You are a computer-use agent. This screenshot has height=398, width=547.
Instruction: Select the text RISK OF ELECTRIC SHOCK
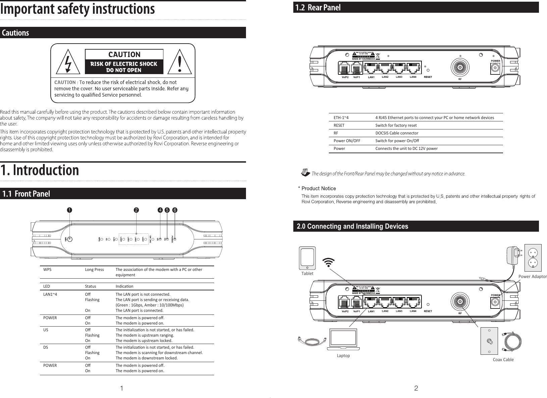pyautogui.click(x=124, y=64)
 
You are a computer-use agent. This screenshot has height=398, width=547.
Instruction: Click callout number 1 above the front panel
pyautogui.click(x=69, y=210)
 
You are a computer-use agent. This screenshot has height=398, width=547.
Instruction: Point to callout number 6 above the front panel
pyautogui.click(x=175, y=210)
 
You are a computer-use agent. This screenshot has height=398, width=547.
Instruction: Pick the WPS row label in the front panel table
pyautogui.click(x=47, y=270)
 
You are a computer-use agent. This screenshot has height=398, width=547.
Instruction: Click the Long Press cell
pyautogui.click(x=94, y=270)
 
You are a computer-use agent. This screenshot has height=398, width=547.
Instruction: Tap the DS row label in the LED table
pyautogui.click(x=46, y=347)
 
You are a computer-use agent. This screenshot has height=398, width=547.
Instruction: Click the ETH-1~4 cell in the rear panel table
pyautogui.click(x=341, y=118)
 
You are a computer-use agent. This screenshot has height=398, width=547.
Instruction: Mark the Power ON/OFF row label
pyautogui.click(x=347, y=141)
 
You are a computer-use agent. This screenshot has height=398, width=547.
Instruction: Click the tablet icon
pyautogui.click(x=307, y=258)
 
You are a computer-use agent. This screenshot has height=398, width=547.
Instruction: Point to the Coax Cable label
pyautogui.click(x=503, y=360)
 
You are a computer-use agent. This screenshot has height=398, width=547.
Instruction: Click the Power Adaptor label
pyautogui.click(x=533, y=277)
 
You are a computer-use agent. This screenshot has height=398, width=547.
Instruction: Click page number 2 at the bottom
pyautogui.click(x=416, y=389)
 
